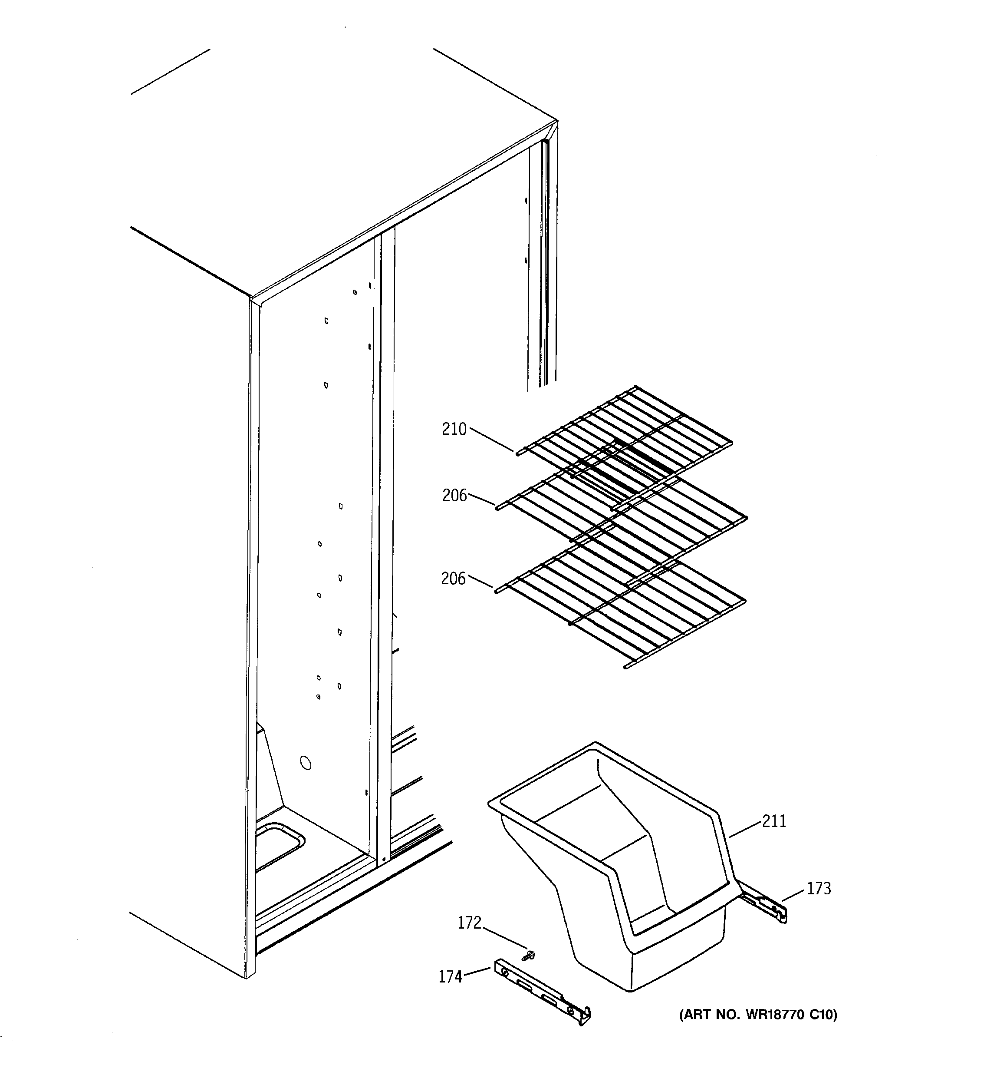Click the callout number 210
click(454, 430)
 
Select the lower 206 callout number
click(453, 579)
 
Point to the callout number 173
click(819, 888)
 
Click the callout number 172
click(469, 923)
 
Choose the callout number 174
click(450, 976)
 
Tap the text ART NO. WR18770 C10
click(758, 1015)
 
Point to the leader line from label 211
click(745, 829)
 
